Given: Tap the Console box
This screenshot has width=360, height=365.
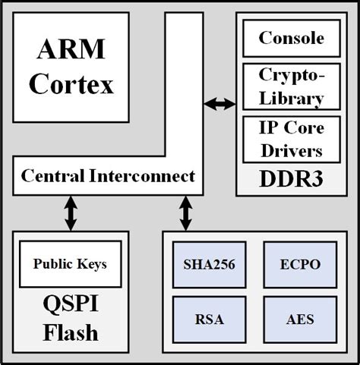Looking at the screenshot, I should [x=291, y=38].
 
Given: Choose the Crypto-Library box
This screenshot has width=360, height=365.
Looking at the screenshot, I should [x=291, y=87].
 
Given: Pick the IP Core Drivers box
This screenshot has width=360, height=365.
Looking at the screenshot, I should [x=291, y=139].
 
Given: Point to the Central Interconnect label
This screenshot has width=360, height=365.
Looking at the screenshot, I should [x=107, y=177].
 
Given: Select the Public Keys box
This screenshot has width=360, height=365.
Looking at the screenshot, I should [x=69, y=264].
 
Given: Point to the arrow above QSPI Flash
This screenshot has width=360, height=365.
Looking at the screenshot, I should [x=70, y=213].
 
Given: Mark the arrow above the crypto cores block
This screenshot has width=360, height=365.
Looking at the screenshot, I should [x=185, y=213].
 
